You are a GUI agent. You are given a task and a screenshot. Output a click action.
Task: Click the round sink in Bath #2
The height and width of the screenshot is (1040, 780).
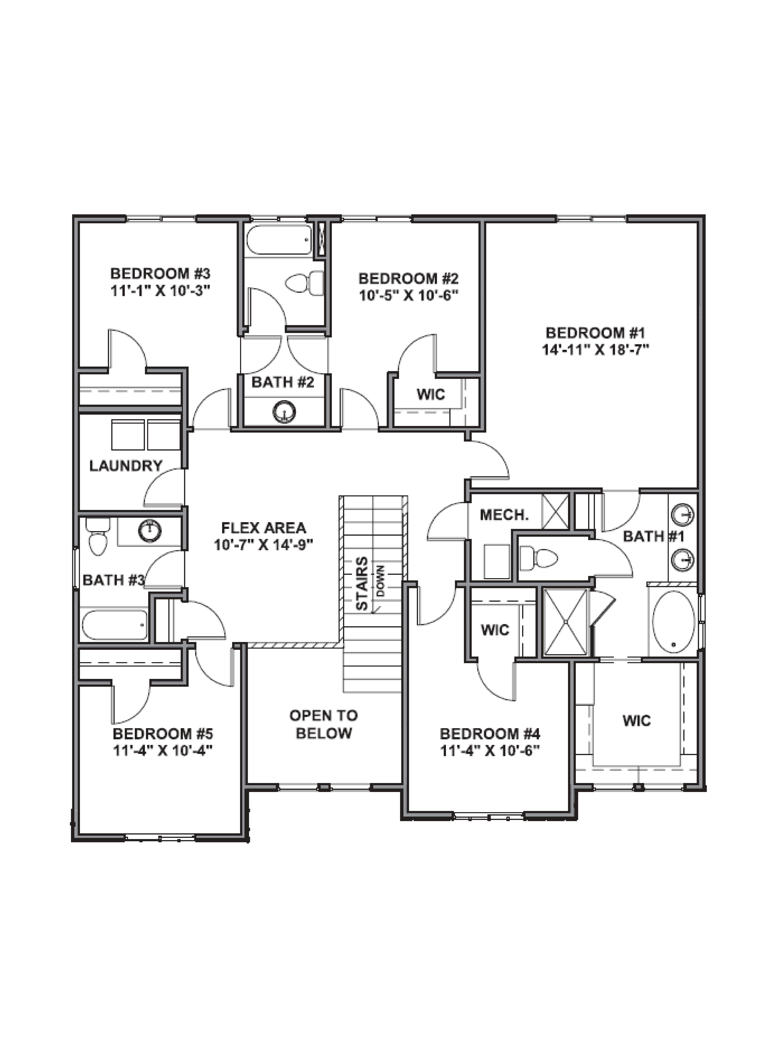point(284,412)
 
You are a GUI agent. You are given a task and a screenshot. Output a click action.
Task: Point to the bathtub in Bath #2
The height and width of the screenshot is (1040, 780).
point(278,240)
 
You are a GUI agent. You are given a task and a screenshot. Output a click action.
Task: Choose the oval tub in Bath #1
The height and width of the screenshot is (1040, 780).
point(673,622)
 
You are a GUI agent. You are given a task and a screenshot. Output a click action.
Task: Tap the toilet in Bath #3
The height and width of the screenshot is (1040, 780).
point(98,537)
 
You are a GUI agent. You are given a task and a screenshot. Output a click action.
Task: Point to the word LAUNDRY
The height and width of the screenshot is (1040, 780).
point(126,466)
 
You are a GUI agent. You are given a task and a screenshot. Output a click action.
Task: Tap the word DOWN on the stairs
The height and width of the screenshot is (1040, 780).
point(380,581)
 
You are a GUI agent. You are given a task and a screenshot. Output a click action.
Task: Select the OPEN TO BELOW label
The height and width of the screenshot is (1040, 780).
point(324,724)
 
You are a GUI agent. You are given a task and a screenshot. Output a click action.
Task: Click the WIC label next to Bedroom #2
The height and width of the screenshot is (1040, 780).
point(430,394)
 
